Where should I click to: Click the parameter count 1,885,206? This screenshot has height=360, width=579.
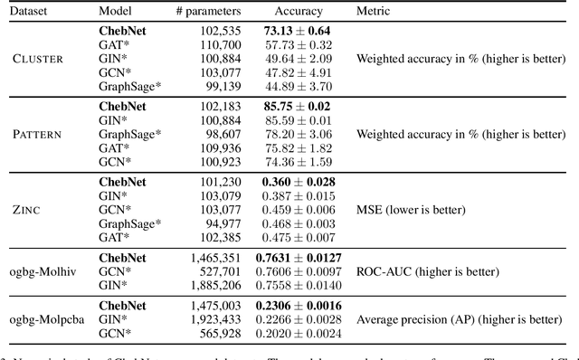217,283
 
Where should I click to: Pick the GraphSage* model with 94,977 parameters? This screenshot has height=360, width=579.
130,223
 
